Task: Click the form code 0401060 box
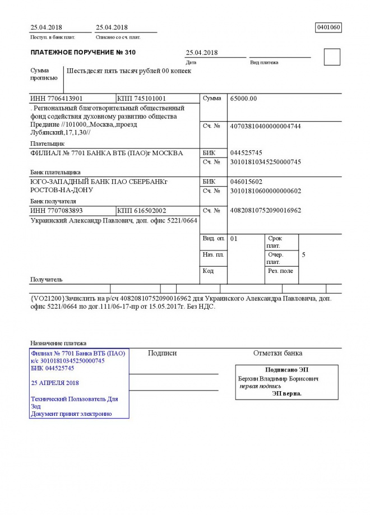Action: pyautogui.click(x=329, y=27)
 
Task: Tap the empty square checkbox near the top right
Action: pyautogui.click(x=332, y=57)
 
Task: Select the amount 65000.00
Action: pyautogui.click(x=243, y=99)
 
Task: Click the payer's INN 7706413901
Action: pyautogui.click(x=57, y=99)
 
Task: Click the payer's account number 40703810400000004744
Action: pyautogui.click(x=266, y=127)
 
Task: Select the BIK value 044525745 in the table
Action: pyautogui.click(x=246, y=153)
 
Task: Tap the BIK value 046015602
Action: pyautogui.click(x=246, y=182)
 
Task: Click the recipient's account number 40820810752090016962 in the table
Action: pyautogui.click(x=266, y=210)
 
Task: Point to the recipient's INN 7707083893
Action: pyautogui.click(x=57, y=210)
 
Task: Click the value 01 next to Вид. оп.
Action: pyautogui.click(x=234, y=239)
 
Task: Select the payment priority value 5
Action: pyautogui.click(x=304, y=255)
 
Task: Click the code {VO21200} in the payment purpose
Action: pyautogui.click(x=48, y=299)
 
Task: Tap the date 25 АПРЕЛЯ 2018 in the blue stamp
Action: pyautogui.click(x=55, y=383)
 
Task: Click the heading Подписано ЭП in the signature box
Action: pyautogui.click(x=286, y=370)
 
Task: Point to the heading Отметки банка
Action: pyautogui.click(x=277, y=353)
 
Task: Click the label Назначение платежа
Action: pyautogui.click(x=58, y=342)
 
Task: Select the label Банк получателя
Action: pyautogui.click(x=53, y=201)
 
